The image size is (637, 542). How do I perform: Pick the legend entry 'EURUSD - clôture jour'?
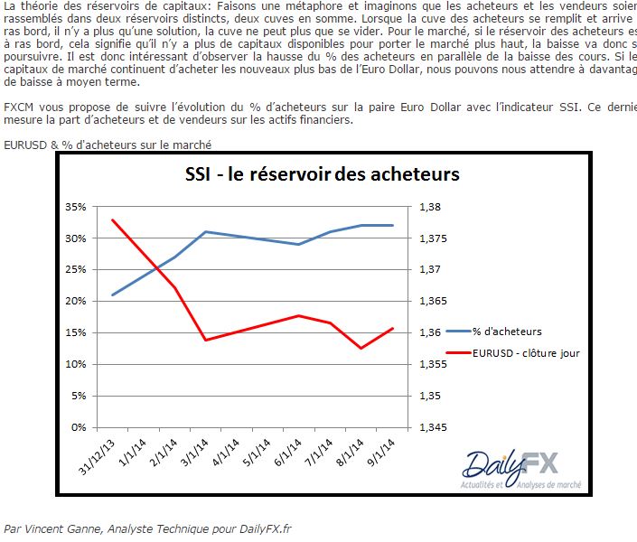click(x=525, y=353)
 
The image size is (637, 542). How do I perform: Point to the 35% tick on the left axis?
click(x=76, y=207)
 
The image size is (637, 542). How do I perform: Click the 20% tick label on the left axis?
click(x=76, y=301)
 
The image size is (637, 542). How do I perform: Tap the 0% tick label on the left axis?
click(x=80, y=427)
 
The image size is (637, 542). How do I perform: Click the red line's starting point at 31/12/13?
click(x=113, y=220)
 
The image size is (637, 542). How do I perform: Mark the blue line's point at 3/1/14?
click(x=206, y=232)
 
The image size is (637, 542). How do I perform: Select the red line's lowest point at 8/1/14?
click(x=361, y=348)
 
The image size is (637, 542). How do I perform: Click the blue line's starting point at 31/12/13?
click(x=113, y=294)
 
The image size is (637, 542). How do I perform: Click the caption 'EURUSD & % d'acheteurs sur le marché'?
click(x=109, y=145)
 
